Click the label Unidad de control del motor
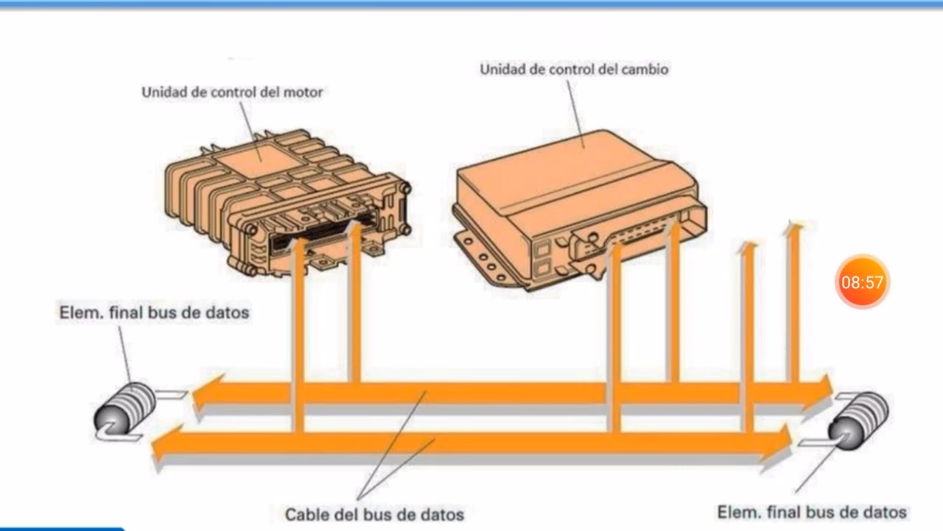coord(232,93)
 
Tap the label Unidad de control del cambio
coord(574,70)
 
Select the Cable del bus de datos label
coord(374,513)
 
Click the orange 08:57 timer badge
coord(862,282)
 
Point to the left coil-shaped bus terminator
coord(125,412)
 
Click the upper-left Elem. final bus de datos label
coord(154,313)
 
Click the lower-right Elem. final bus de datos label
coord(811,511)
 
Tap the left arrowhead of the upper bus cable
coord(202,394)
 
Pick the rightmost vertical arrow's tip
coord(793,228)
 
